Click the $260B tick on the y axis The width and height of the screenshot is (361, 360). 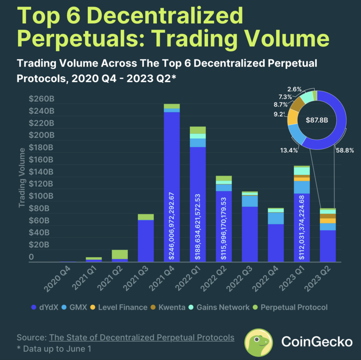[x=41, y=99]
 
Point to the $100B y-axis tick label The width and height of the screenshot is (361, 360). [x=41, y=197]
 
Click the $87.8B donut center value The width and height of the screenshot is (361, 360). [x=317, y=120]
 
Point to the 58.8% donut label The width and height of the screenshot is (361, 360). [x=344, y=150]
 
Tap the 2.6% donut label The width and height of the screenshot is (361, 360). [x=294, y=89]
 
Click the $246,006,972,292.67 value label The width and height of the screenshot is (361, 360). [x=172, y=225]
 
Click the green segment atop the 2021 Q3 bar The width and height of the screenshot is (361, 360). [x=146, y=217]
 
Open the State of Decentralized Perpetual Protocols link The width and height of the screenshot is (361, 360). [x=141, y=337]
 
